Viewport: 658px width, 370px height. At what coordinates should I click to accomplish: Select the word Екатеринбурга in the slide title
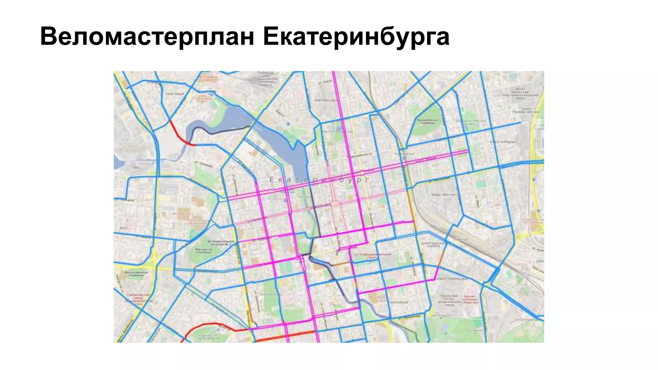(x=356, y=37)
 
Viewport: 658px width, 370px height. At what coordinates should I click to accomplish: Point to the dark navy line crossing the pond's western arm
(x=225, y=131)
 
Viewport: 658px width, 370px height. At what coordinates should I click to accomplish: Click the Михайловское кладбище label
(x=427, y=121)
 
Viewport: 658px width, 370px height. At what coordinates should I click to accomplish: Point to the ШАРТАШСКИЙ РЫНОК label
(x=432, y=245)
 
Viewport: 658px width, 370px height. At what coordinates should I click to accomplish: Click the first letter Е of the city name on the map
(x=271, y=180)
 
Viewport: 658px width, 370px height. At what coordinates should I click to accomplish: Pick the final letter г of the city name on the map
(x=367, y=180)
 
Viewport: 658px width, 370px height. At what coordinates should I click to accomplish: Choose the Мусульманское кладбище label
(x=135, y=274)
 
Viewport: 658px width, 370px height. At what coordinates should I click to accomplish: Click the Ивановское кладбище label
(x=203, y=251)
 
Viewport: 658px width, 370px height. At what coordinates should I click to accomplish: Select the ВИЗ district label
(x=137, y=168)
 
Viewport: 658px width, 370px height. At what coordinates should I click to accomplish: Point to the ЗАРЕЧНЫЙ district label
(x=175, y=94)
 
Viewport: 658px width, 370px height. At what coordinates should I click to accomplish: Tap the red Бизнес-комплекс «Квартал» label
(x=470, y=300)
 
